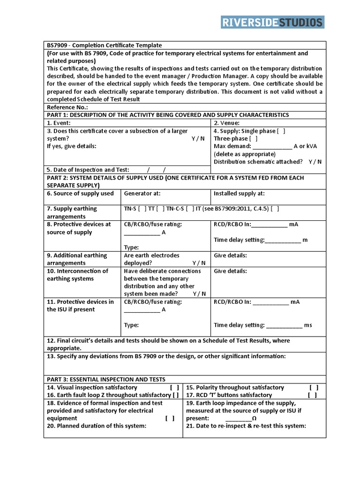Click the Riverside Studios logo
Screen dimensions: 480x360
click(x=272, y=22)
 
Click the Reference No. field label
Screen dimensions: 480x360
click(x=67, y=107)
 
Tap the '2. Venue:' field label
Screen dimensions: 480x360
click(x=226, y=123)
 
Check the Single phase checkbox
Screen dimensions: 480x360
click(x=281, y=131)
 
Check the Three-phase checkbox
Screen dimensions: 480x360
click(x=253, y=139)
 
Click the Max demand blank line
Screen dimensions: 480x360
click(x=272, y=147)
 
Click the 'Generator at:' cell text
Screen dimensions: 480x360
click(x=142, y=193)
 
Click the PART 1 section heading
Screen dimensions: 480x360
click(x=167, y=115)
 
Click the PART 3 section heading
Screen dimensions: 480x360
click(x=105, y=379)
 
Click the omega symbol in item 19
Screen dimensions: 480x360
click(x=254, y=418)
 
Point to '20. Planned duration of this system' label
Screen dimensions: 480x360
click(x=97, y=426)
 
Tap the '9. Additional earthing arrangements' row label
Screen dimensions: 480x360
click(x=77, y=259)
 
